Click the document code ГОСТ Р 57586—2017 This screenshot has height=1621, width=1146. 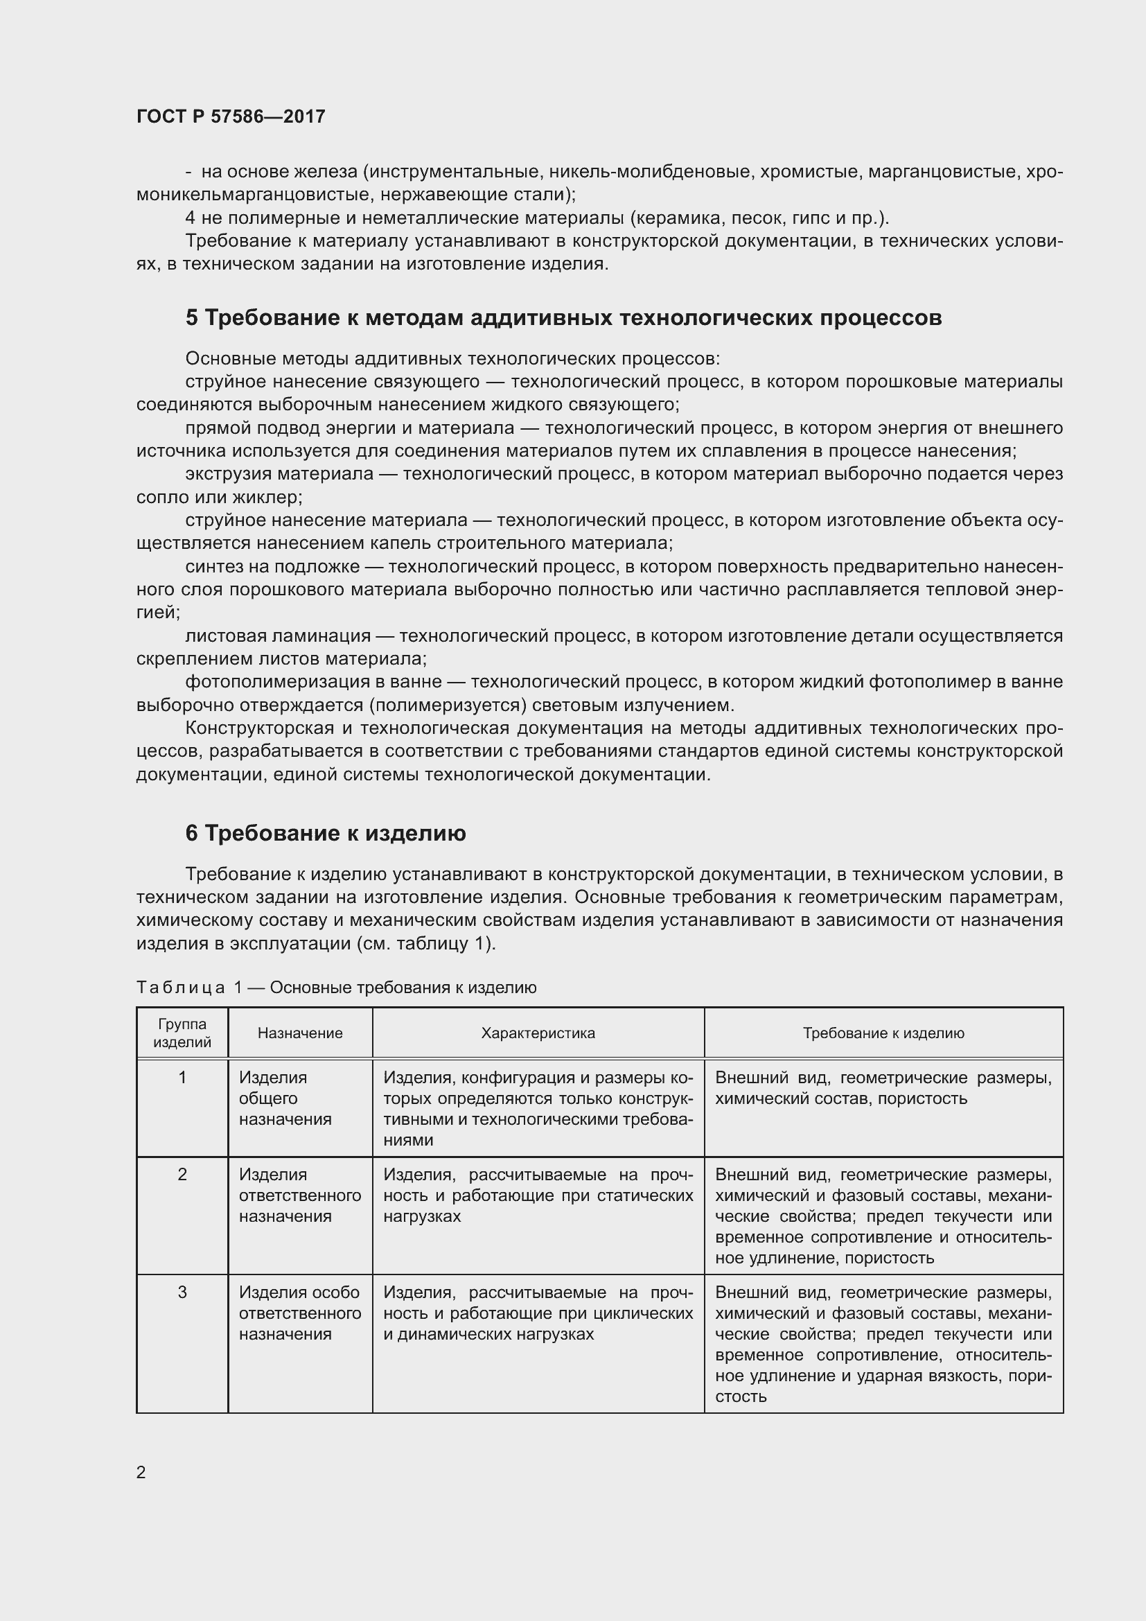(x=231, y=116)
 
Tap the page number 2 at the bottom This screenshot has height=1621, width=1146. (x=141, y=1472)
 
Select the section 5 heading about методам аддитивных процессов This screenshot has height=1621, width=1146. (x=563, y=318)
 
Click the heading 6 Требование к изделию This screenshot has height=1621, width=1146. (x=326, y=834)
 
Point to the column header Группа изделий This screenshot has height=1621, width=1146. (x=182, y=1033)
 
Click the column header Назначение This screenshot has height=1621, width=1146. (x=300, y=1033)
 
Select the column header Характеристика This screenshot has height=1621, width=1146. (x=538, y=1033)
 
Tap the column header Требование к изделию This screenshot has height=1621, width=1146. (x=883, y=1033)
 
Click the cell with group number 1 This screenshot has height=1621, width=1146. (x=182, y=1078)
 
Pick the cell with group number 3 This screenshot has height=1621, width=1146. (x=182, y=1293)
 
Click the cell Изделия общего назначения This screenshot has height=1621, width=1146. (x=284, y=1098)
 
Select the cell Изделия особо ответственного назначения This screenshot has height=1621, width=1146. (x=299, y=1313)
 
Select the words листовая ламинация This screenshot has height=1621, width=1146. (x=277, y=636)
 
